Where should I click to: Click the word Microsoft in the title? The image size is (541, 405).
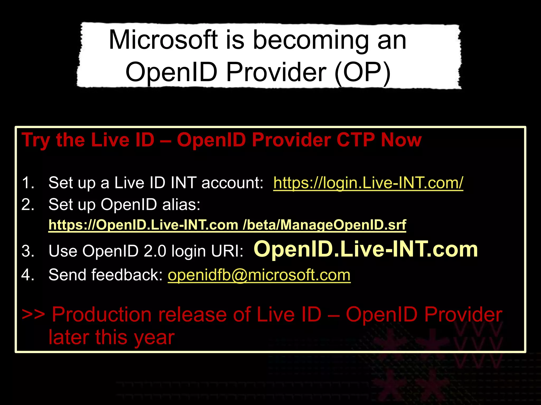click(x=163, y=40)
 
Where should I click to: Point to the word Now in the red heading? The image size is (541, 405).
click(x=401, y=140)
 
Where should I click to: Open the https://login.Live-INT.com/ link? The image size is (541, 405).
click(x=368, y=183)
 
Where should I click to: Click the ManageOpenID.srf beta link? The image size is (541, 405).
click(x=227, y=225)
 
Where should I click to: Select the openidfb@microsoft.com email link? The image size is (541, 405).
click(x=259, y=275)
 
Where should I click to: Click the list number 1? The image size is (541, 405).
click(x=28, y=183)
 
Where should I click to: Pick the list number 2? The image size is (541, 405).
click(x=28, y=204)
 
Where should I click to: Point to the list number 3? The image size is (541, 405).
click(x=28, y=251)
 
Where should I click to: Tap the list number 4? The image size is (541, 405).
click(x=28, y=275)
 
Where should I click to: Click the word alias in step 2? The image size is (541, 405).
click(x=181, y=204)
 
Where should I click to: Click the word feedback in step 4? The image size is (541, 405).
click(x=127, y=275)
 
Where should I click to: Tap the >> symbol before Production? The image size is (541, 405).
click(x=33, y=315)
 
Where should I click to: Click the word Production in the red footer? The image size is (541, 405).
click(x=101, y=315)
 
